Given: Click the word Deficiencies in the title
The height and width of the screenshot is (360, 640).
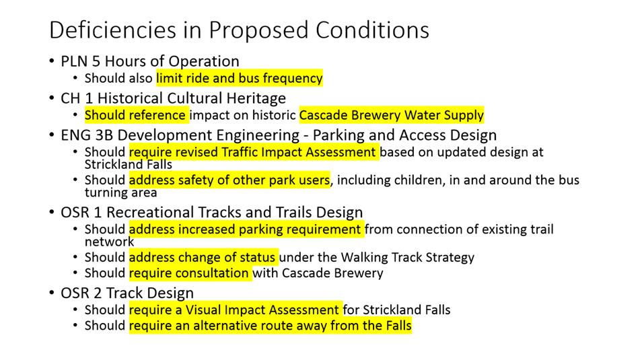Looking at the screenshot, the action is (x=112, y=30).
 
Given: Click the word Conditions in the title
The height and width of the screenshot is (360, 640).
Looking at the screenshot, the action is (x=372, y=30).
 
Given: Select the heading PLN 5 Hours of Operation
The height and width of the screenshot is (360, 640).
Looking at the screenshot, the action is (x=150, y=61).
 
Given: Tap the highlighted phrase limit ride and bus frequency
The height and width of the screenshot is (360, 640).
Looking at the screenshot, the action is (x=240, y=78).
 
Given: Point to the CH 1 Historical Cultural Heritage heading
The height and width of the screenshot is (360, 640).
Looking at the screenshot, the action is (x=173, y=98).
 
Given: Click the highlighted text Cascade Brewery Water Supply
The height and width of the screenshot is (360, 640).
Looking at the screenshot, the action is (x=392, y=115).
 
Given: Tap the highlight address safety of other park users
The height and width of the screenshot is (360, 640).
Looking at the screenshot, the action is (x=229, y=180).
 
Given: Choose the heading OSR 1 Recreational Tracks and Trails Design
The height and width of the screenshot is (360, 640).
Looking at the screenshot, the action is (x=211, y=212).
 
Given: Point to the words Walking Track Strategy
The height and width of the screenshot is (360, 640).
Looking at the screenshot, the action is (x=407, y=257).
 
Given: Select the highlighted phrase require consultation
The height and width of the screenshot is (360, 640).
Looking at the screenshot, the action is (x=188, y=273).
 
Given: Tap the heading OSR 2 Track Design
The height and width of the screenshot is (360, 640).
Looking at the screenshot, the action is (x=127, y=293).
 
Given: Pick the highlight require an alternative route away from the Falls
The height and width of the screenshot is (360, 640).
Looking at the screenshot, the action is (x=271, y=326).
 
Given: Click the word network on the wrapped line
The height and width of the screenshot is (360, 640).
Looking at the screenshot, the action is (x=109, y=242).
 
